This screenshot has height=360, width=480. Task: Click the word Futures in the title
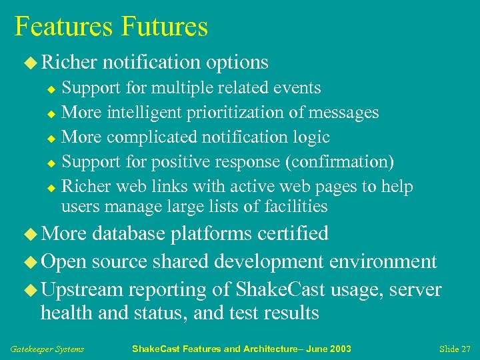165,27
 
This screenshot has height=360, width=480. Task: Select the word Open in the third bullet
64,261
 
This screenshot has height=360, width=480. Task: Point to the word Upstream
82,289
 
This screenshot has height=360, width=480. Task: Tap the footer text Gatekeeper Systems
47,349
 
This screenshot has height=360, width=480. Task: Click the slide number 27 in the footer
465,349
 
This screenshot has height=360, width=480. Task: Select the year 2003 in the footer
339,349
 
